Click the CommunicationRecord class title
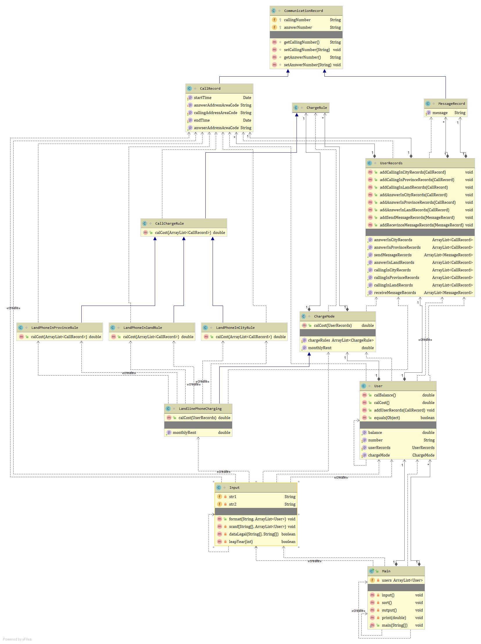click(x=303, y=11)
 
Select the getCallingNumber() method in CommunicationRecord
click(x=301, y=42)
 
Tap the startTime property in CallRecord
click(x=203, y=98)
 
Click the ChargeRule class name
click(x=317, y=108)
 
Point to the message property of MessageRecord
click(x=440, y=113)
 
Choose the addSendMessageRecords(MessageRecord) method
click(x=417, y=218)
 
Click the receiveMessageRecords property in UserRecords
click(x=394, y=293)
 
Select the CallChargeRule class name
click(x=169, y=223)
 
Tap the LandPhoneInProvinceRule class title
click(x=54, y=328)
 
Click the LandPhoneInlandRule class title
click(x=142, y=328)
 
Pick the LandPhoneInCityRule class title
click(x=235, y=328)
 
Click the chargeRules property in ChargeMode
click(x=319, y=340)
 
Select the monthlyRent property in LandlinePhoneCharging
click(x=184, y=432)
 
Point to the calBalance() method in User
click(x=385, y=395)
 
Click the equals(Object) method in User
click(x=387, y=418)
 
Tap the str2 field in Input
click(x=233, y=504)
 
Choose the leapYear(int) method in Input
click(x=240, y=542)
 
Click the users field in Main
click(x=387, y=580)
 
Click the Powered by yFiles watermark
click(x=17, y=639)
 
